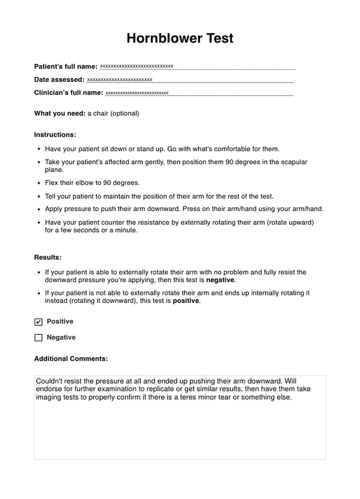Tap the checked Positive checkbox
click(x=38, y=322)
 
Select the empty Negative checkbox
click(x=38, y=338)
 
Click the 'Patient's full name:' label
click(x=66, y=66)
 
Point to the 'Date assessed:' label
click(x=59, y=80)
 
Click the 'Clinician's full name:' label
click(x=69, y=93)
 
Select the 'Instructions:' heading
click(x=55, y=135)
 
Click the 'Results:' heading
click(x=48, y=257)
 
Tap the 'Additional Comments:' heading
click(x=71, y=359)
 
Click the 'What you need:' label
click(x=60, y=114)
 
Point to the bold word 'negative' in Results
click(x=220, y=280)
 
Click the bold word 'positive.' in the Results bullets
click(x=186, y=301)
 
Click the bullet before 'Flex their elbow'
click(x=39, y=183)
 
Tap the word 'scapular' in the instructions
click(x=294, y=162)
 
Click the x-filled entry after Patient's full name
click(x=137, y=66)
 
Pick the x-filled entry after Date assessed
click(x=120, y=80)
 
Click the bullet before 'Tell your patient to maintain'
click(x=39, y=197)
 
